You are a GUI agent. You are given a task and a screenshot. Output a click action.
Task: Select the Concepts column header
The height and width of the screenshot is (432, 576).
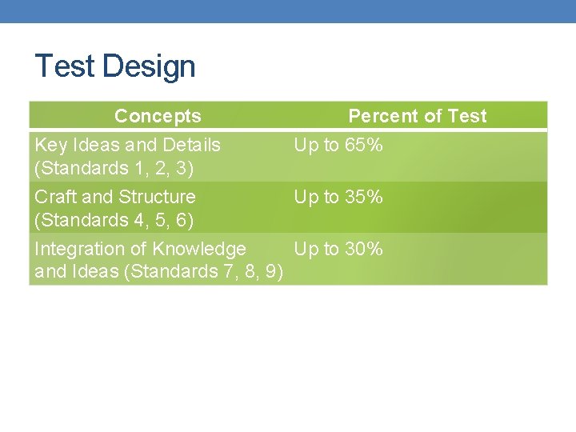click(158, 116)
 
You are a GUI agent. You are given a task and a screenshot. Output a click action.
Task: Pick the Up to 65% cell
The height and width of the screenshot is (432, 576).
click(338, 145)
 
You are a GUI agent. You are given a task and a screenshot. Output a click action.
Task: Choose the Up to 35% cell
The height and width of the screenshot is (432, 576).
click(338, 197)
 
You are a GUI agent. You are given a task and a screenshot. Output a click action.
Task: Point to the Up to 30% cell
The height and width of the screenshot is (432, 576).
click(338, 249)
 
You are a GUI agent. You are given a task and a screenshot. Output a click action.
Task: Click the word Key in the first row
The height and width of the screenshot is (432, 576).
click(50, 145)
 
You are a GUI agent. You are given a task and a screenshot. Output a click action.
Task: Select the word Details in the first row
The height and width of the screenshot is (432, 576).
click(190, 145)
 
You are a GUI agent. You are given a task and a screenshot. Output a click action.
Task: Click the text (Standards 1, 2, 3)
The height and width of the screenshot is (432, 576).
click(114, 168)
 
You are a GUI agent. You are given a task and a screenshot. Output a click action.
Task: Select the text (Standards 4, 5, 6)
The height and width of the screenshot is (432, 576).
click(114, 219)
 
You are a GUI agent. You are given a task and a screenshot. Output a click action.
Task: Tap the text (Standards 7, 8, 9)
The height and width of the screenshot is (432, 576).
click(204, 271)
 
